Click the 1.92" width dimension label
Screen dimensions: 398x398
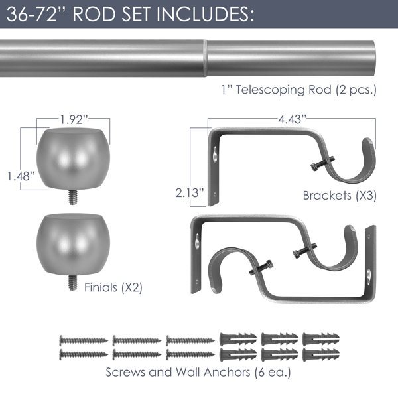pyautogui.click(x=74, y=119)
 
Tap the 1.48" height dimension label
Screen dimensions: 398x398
pyautogui.click(x=21, y=176)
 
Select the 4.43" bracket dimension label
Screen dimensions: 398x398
pyautogui.click(x=293, y=119)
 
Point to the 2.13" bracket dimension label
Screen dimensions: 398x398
pyautogui.click(x=190, y=192)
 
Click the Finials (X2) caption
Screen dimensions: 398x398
pyautogui.click(x=113, y=287)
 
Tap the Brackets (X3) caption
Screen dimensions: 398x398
pyautogui.click(x=340, y=196)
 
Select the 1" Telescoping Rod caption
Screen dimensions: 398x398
pyautogui.click(x=299, y=90)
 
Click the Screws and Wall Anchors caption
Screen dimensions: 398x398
pyautogui.click(x=198, y=372)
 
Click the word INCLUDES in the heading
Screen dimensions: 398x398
pyautogui.click(x=205, y=14)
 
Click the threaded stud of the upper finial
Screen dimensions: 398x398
pyautogui.click(x=73, y=197)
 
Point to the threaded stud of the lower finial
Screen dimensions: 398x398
pyautogui.click(x=73, y=283)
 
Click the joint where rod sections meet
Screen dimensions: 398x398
pyautogui.click(x=205, y=58)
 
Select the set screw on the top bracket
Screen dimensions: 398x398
pyautogui.click(x=322, y=163)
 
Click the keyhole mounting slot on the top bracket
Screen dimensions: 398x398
pyautogui.click(x=215, y=154)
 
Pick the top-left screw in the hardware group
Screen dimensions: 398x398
pyautogui.click(x=84, y=340)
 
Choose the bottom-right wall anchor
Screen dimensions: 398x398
pyautogui.click(x=321, y=354)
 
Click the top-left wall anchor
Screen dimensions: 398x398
pyautogui.click(x=238, y=339)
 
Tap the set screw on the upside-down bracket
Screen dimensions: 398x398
pyautogui.click(x=261, y=267)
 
